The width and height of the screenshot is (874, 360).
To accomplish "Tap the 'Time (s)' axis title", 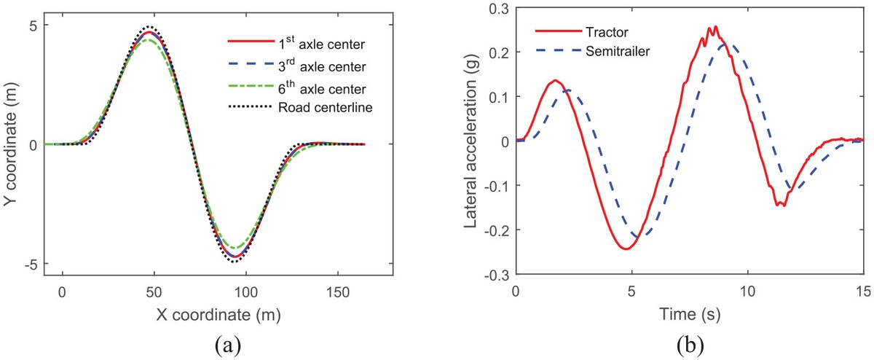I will (690, 314).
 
